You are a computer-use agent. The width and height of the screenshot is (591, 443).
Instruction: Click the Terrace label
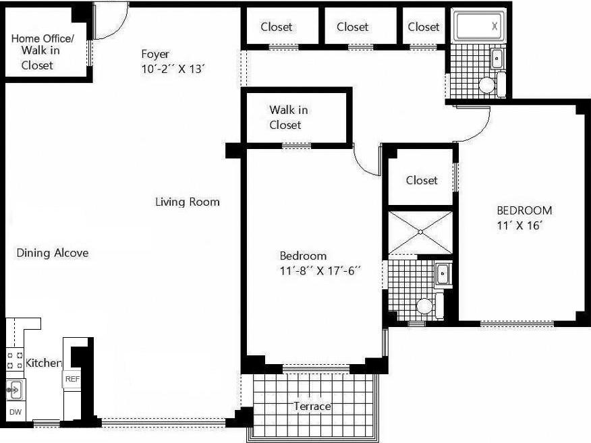click(312, 406)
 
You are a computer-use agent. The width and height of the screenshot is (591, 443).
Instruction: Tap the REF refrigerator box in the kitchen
click(72, 380)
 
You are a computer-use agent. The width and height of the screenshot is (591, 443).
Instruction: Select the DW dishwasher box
click(15, 411)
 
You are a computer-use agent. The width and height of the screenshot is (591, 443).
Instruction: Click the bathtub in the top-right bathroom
click(478, 27)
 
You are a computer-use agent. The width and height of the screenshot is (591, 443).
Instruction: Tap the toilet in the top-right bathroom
click(486, 85)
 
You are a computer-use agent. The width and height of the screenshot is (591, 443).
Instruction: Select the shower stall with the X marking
click(420, 232)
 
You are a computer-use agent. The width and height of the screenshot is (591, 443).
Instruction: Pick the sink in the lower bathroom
click(443, 274)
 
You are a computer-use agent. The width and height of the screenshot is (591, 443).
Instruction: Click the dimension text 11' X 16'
click(520, 226)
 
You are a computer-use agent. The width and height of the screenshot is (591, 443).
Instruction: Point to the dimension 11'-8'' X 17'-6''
click(320, 271)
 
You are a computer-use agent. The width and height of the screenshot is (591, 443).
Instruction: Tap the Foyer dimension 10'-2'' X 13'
click(173, 69)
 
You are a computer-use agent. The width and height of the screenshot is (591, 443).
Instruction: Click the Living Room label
click(187, 202)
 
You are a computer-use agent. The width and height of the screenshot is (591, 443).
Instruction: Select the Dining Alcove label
click(53, 253)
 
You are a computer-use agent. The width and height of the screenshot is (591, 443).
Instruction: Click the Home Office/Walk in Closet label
click(42, 51)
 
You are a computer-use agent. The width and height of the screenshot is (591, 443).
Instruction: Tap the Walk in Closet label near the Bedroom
click(288, 117)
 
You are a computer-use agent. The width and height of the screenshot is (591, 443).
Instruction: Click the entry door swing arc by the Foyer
click(110, 22)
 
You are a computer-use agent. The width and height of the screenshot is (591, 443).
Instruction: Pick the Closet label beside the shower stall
click(422, 180)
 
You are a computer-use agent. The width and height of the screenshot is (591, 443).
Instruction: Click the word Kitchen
click(44, 363)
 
